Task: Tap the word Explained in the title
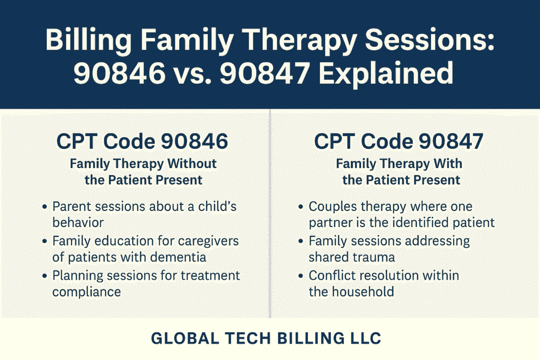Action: (386, 73)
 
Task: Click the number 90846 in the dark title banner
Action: (120, 73)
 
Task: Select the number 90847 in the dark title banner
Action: (265, 73)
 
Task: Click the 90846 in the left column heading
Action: (195, 141)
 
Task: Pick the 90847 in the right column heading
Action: (451, 141)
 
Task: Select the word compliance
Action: (86, 292)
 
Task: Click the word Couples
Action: (333, 207)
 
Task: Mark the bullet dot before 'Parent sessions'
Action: (44, 207)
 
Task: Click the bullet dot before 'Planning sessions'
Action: (44, 276)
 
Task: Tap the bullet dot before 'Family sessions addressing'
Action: (301, 241)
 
